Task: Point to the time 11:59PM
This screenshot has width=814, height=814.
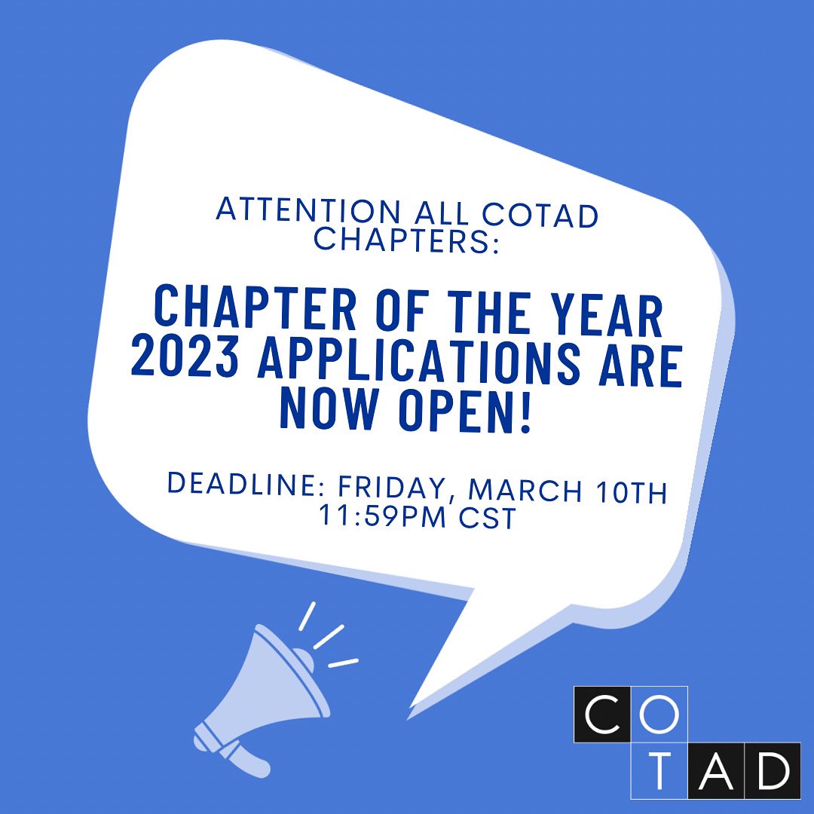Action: (381, 516)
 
